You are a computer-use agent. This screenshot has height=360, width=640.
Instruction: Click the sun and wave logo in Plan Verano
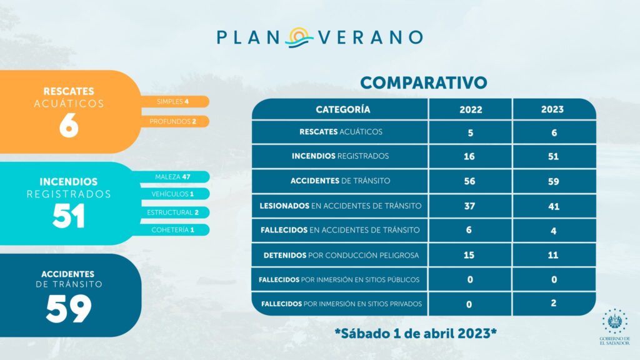(299, 37)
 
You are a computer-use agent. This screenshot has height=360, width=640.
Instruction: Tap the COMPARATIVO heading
(423, 82)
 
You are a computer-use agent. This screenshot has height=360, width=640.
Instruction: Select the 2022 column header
(471, 109)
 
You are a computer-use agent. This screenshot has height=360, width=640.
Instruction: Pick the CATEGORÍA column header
(343, 109)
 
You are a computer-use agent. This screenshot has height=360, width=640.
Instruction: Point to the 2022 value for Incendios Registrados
(469, 156)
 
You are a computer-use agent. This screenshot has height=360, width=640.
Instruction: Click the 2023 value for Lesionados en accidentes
(554, 206)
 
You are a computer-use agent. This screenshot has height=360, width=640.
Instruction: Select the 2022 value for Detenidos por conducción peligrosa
(469, 255)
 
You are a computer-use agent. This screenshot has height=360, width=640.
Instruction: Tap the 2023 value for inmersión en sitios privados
(554, 303)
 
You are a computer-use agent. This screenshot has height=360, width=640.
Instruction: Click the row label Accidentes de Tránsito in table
(341, 181)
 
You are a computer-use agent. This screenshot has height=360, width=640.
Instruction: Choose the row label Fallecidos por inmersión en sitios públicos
(339, 279)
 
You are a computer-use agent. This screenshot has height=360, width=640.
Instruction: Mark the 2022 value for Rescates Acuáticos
(470, 132)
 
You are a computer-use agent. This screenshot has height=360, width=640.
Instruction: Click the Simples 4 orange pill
(174, 102)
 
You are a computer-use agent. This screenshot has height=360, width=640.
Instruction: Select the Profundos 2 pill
(174, 121)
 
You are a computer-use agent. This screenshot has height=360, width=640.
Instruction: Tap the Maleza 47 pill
(174, 177)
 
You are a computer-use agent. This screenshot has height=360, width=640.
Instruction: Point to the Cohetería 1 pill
(174, 230)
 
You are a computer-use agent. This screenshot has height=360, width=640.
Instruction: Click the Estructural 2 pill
(174, 212)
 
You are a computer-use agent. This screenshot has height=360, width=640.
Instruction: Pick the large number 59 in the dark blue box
(69, 309)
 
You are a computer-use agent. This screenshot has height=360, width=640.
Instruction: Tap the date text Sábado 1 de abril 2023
(416, 334)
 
